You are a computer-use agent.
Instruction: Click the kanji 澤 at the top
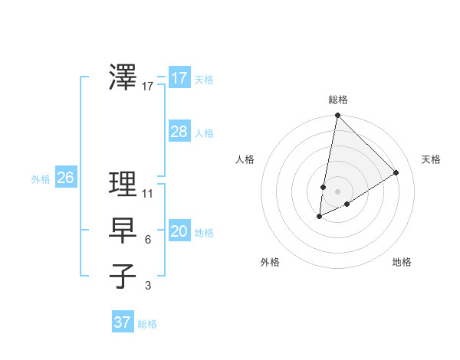point(123,77)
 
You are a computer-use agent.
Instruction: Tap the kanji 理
point(123,183)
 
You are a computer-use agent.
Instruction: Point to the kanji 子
point(123,276)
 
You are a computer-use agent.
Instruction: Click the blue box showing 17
point(179,78)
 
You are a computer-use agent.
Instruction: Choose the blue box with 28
point(179,132)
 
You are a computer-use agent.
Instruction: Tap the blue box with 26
point(65,178)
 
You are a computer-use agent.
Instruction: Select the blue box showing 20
point(179,231)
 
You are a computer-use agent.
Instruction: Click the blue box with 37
point(123,322)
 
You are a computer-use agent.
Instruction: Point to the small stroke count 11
point(148,193)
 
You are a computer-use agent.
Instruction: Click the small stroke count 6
point(148,240)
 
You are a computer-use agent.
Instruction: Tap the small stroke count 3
point(148,286)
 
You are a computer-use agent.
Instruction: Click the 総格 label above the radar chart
point(337,100)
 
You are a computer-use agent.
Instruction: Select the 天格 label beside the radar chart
point(431,159)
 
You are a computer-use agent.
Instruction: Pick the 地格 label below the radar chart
point(402,262)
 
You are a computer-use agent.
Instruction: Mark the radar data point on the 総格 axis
point(337,116)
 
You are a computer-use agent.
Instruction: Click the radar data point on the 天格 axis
point(396,173)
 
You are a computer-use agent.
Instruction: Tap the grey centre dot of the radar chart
point(337,191)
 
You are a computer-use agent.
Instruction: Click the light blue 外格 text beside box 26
point(41,179)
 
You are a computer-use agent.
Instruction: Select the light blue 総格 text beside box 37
point(147,324)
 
